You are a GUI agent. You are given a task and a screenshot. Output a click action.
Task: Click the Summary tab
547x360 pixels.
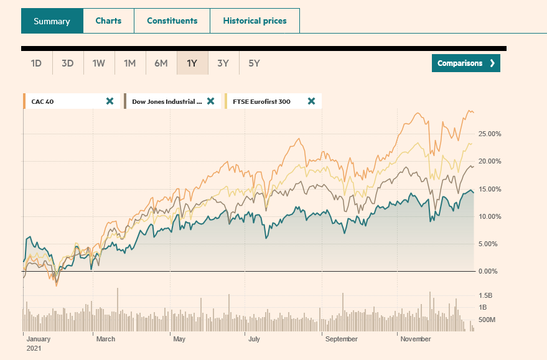click(52, 21)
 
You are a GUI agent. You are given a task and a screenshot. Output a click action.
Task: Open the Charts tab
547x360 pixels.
click(108, 21)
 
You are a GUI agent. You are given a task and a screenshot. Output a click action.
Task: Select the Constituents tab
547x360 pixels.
click(172, 21)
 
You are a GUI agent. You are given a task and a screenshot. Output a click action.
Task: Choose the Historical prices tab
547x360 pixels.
click(255, 21)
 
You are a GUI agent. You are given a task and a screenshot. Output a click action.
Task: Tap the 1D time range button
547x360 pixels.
click(36, 63)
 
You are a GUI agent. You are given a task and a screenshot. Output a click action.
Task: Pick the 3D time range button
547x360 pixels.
click(67, 63)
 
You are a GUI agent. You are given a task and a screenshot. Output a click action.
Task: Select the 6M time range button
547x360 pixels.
click(161, 63)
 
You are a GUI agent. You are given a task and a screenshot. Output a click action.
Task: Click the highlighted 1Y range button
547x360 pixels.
click(192, 63)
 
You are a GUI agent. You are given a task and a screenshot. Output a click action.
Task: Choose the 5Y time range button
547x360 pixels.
click(254, 63)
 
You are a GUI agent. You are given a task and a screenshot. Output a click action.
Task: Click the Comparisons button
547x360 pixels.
click(465, 63)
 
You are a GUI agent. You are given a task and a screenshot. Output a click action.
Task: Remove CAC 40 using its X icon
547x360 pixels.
click(110, 101)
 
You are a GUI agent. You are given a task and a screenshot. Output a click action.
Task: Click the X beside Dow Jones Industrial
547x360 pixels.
click(210, 101)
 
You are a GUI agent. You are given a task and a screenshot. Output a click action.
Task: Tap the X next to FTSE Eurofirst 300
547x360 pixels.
click(311, 101)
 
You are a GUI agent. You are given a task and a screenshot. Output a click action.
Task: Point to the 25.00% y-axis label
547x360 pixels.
click(489, 134)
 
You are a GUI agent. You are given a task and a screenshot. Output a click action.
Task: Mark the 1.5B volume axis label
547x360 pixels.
click(486, 295)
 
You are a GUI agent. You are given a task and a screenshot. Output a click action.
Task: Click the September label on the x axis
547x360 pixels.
click(341, 339)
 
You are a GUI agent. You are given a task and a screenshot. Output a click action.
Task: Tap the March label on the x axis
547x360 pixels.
click(105, 339)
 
